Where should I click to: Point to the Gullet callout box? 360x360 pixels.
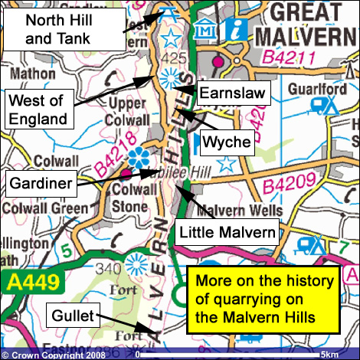tap(71, 315)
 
